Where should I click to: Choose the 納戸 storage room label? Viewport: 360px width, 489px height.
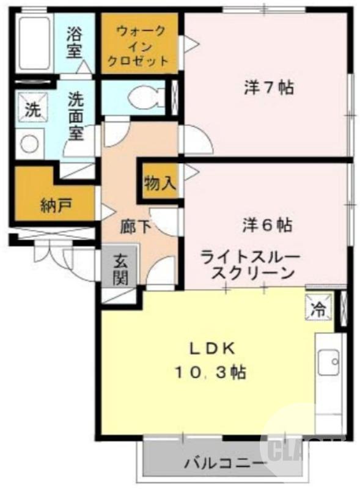click(56, 204)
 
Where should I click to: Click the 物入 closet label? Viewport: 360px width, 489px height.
click(160, 182)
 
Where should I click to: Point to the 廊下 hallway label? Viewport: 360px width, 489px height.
click(135, 227)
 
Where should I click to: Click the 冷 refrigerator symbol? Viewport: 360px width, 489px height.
click(319, 306)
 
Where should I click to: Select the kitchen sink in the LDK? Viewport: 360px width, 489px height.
click(329, 364)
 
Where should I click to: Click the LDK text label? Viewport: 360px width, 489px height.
click(211, 348)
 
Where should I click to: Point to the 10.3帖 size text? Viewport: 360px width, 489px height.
click(211, 371)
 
